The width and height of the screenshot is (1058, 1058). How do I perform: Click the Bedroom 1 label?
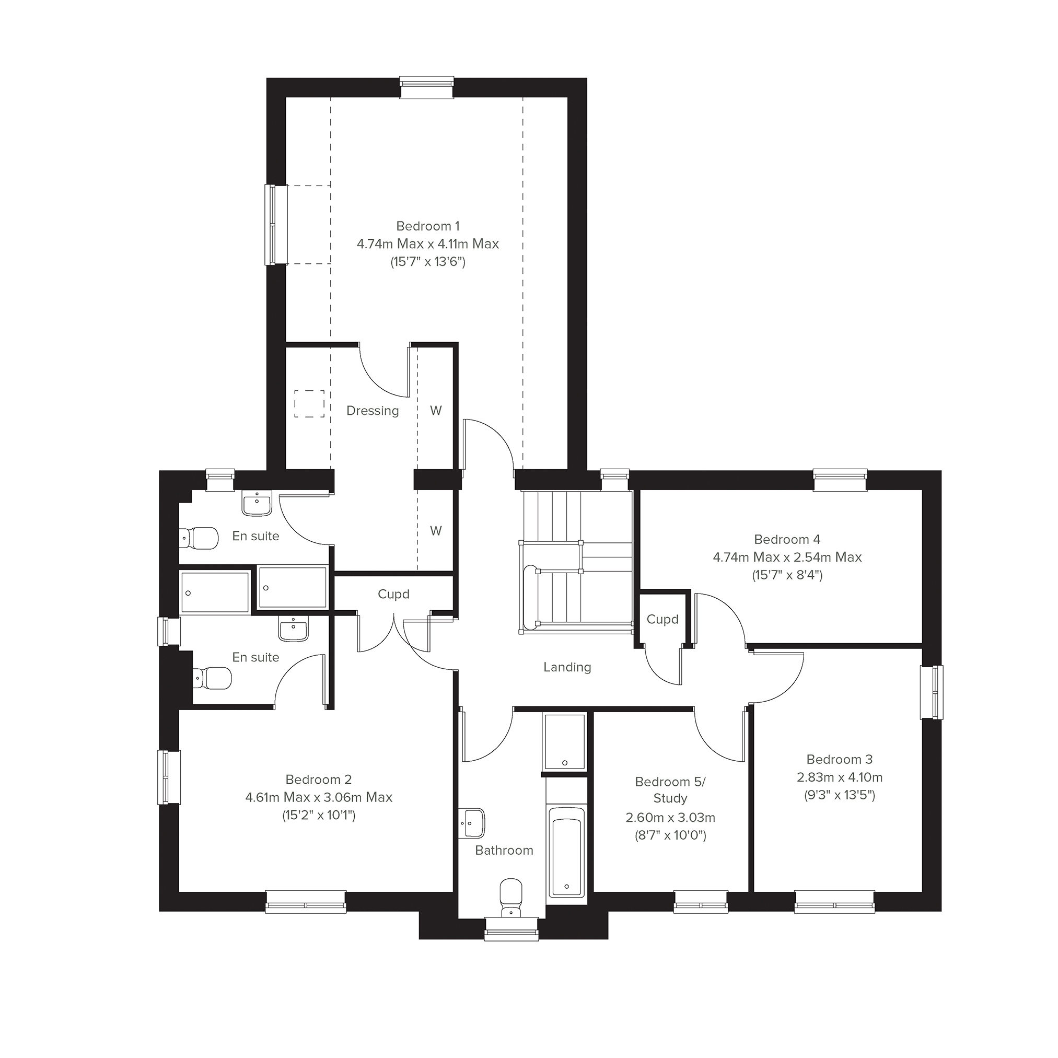428,226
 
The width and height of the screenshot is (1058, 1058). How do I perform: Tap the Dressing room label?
373,411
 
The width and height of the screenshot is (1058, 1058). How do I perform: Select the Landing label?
567,667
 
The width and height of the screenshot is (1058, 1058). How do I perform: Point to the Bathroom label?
504,851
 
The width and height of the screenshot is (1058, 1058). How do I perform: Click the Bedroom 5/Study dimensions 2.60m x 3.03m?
670,818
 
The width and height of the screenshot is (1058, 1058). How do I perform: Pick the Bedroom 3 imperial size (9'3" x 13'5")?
840,795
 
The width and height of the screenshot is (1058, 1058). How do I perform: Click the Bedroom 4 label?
787,539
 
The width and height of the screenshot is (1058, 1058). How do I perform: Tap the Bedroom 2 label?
318,779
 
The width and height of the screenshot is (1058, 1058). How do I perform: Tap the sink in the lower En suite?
294,628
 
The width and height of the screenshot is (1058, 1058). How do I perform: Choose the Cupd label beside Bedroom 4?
662,619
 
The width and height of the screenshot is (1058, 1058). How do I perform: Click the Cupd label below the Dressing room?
393,594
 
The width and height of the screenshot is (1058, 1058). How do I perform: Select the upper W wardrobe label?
436,411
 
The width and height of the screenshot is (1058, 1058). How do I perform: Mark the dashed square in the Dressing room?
309,403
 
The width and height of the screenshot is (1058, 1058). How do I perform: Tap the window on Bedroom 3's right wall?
932,692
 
